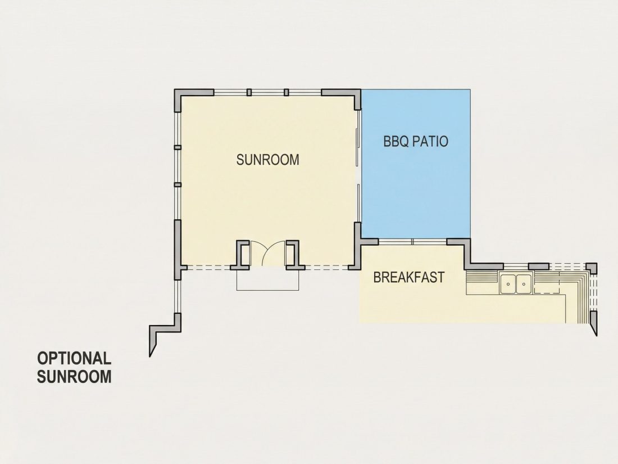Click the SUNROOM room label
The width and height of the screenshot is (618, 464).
pos(267,159)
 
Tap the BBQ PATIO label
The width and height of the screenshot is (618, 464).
pos(416,141)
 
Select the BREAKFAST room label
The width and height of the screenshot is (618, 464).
pos(408,277)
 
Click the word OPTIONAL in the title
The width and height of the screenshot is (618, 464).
pos(74,358)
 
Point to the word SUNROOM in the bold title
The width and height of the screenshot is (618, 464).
pos(74,376)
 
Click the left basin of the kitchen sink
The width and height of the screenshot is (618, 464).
pos(508,283)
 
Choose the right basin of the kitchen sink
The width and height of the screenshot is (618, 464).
pos(524,283)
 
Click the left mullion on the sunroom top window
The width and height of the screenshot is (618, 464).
pos(249,92)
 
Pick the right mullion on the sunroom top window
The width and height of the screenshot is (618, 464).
pos(287,92)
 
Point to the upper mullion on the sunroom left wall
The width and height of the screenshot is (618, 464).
pos(178,147)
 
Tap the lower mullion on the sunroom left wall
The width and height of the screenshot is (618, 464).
pos(178,184)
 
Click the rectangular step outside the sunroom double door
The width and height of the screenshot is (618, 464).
pos(267,280)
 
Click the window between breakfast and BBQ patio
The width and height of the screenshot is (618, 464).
pos(412,241)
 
